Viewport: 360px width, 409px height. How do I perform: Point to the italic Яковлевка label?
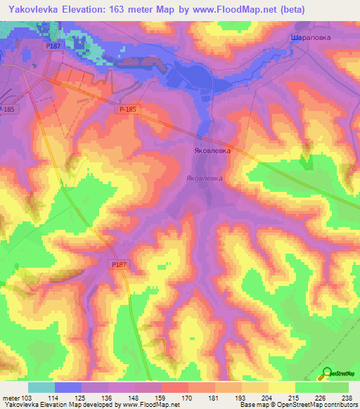pos(205,178)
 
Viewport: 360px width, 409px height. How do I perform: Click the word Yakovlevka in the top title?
pos(37,9)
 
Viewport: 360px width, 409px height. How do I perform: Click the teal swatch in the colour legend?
pos(41,387)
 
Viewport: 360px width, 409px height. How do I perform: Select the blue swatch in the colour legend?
pos(68,387)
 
